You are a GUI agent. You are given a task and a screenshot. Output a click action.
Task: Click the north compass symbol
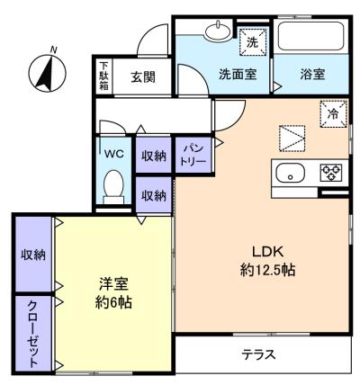click(x=48, y=72)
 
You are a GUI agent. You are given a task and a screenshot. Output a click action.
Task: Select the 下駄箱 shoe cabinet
click(x=104, y=76)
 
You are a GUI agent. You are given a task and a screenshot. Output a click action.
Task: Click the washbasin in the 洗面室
click(x=218, y=31)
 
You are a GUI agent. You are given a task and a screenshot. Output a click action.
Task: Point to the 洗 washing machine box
click(x=252, y=41)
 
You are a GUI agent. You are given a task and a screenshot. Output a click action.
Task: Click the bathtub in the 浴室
click(x=311, y=36)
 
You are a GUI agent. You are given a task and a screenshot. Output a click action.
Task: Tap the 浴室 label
click(x=312, y=74)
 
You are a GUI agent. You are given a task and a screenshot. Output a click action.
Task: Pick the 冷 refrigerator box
click(x=333, y=113)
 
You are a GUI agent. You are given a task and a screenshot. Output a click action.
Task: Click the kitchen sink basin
click(x=291, y=174)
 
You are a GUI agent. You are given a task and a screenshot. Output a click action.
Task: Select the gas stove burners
click(x=331, y=173)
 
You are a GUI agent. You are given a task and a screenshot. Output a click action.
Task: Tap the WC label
click(x=113, y=154)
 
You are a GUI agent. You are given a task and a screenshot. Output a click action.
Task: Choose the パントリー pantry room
click(x=194, y=155)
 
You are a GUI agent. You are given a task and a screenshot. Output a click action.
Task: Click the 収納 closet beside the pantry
click(x=154, y=155)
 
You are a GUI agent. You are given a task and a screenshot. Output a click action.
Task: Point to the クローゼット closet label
click(x=32, y=334)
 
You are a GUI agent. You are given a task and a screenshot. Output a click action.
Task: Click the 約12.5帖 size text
click(x=267, y=270)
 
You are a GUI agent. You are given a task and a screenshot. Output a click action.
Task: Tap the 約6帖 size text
click(x=113, y=303)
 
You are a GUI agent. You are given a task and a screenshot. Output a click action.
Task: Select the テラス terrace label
click(x=258, y=355)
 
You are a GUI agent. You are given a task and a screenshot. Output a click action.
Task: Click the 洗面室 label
click(x=238, y=74)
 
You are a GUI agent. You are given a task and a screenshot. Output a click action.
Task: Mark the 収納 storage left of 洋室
click(x=33, y=254)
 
